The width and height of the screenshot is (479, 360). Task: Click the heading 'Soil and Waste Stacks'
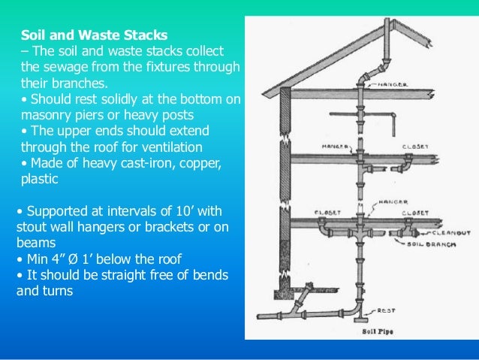coord(94,35)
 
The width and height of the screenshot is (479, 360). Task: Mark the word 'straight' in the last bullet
coord(112,274)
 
